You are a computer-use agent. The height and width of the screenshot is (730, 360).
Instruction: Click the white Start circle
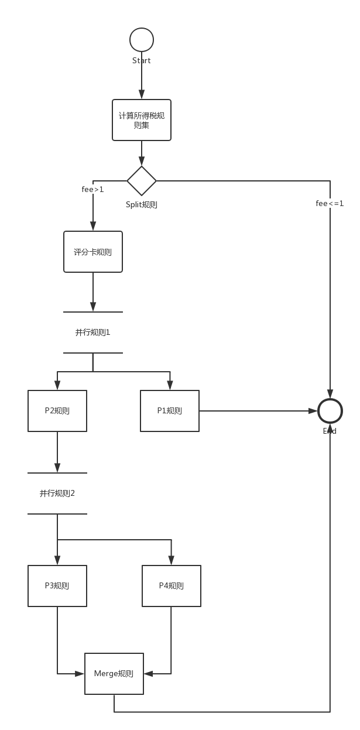(x=142, y=40)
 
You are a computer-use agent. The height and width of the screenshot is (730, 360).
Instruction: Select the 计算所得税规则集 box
(x=142, y=120)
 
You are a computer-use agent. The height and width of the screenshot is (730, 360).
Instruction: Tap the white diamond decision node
(x=142, y=180)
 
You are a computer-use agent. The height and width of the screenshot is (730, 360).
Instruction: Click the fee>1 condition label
(x=92, y=189)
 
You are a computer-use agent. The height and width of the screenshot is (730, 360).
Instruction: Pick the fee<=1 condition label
(x=330, y=203)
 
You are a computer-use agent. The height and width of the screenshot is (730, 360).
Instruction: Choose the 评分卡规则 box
(x=93, y=252)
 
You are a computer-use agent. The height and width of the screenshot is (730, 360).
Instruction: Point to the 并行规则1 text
(x=93, y=333)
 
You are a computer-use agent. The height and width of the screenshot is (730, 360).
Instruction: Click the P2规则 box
(x=57, y=411)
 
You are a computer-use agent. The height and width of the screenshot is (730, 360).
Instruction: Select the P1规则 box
(x=170, y=411)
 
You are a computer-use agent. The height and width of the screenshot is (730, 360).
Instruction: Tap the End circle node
(x=330, y=411)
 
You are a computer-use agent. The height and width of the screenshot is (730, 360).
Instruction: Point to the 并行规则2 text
(x=57, y=493)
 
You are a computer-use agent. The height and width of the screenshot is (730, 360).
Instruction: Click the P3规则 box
(x=57, y=586)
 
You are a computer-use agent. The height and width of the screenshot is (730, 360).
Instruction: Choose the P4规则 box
(x=172, y=586)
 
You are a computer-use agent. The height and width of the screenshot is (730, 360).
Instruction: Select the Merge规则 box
(x=114, y=674)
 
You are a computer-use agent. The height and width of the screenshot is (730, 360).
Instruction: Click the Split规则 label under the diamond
(x=142, y=205)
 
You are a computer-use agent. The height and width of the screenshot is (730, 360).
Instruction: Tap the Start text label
(x=142, y=61)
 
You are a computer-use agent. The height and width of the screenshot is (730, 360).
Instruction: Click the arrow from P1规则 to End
(x=258, y=411)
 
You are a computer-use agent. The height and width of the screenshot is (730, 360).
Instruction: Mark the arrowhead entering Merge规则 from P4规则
(x=148, y=674)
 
